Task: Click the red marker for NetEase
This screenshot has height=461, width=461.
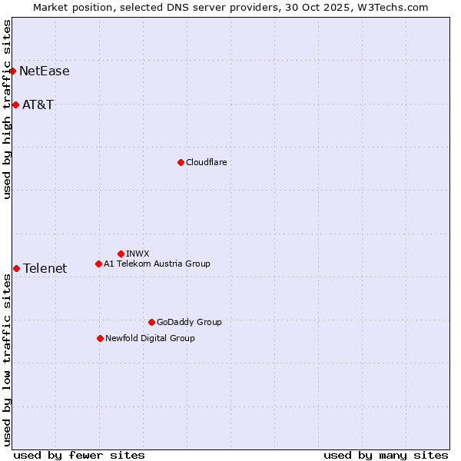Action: point(13,71)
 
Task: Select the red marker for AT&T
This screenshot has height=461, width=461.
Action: point(15,104)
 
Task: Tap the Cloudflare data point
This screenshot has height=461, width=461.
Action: point(181,162)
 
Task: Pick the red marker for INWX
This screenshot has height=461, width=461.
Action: point(121,254)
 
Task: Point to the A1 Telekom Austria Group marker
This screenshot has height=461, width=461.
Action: point(98,264)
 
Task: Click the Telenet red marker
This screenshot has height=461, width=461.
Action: point(16,268)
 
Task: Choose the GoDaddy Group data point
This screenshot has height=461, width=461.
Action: point(151,322)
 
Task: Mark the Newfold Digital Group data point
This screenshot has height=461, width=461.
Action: point(100,338)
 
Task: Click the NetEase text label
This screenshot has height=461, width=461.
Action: point(45,71)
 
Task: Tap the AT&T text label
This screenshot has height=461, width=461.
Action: point(38,104)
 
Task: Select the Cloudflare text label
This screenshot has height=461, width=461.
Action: point(207,162)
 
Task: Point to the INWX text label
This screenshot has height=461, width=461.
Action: point(138,254)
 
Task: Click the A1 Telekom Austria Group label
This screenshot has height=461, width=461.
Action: point(157,264)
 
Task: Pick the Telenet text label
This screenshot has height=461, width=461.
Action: point(45,268)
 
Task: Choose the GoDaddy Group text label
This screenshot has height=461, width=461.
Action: point(189,322)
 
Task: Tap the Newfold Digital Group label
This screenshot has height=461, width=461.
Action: point(150,338)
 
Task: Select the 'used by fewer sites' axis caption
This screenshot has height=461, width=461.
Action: point(79,455)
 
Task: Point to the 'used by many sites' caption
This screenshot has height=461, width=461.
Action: point(386,455)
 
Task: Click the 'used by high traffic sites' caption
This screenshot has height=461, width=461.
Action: point(7,109)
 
